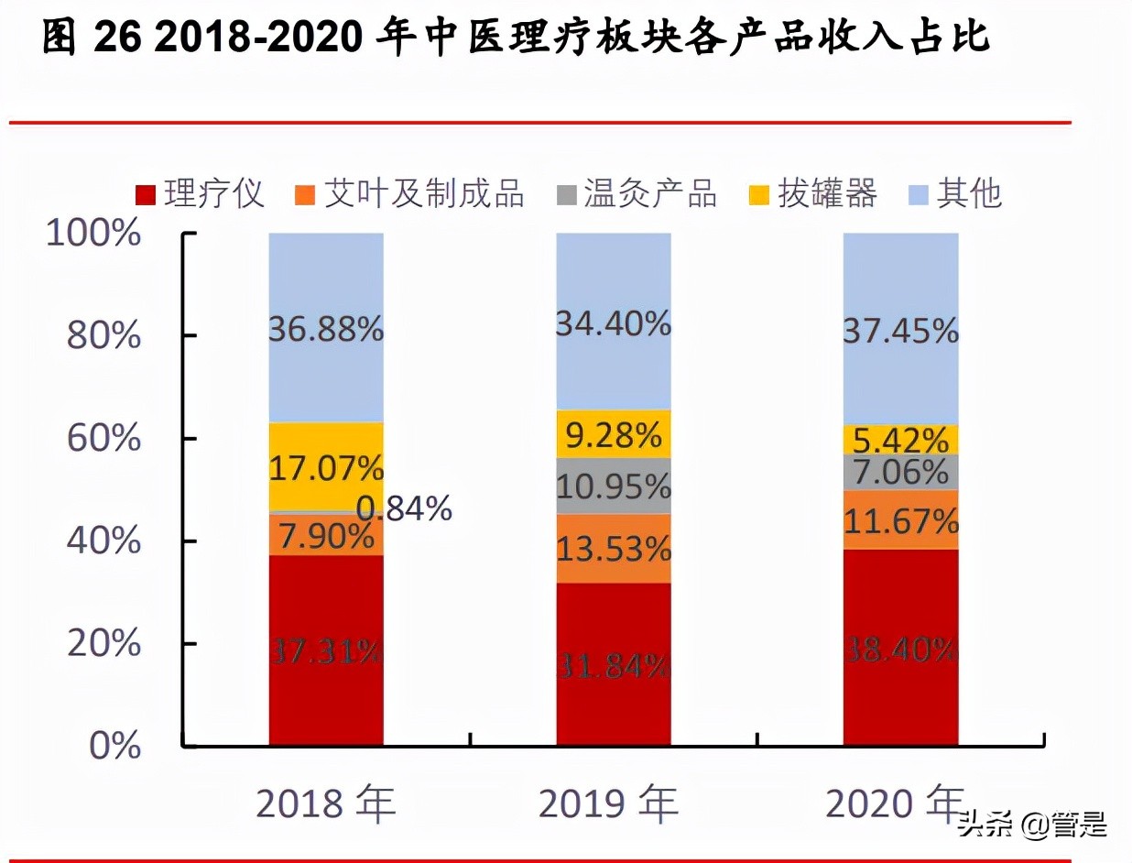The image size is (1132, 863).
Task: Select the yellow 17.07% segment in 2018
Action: tap(326, 467)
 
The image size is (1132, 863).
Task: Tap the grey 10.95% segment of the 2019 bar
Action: tap(614, 486)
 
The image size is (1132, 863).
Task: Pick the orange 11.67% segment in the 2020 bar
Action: tap(900, 520)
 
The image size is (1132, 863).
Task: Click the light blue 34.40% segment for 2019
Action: tap(614, 322)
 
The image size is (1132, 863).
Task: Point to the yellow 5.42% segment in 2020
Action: tap(900, 440)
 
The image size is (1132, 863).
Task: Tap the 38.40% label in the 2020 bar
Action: tap(900, 650)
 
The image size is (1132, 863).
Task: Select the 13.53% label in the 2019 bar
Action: tap(614, 550)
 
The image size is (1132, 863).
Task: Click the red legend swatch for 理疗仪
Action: tap(145, 194)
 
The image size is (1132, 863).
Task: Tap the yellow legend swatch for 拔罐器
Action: tap(759, 194)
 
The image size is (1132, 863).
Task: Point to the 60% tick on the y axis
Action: tap(103, 439)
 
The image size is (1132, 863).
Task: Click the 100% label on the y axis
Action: tap(93, 234)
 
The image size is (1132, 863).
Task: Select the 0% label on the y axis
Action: tap(115, 747)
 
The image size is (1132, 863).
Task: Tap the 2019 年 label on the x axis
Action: tap(608, 803)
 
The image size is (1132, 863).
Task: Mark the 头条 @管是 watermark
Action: tap(1033, 825)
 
